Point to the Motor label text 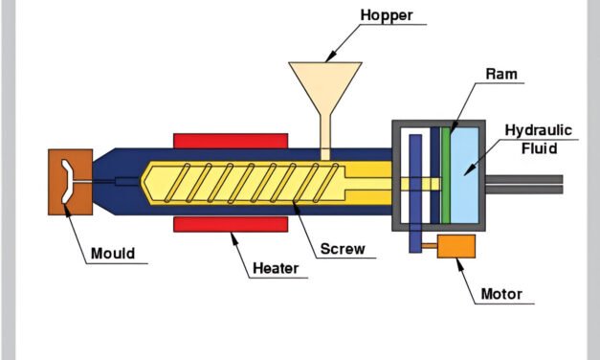click(501, 294)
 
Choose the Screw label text click(342, 249)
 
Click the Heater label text click(276, 269)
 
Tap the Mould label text click(113, 254)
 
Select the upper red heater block click(231, 141)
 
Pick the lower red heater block click(231, 224)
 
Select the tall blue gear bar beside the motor click(415, 191)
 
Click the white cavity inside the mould click(64, 182)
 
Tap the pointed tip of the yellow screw click(146, 182)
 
